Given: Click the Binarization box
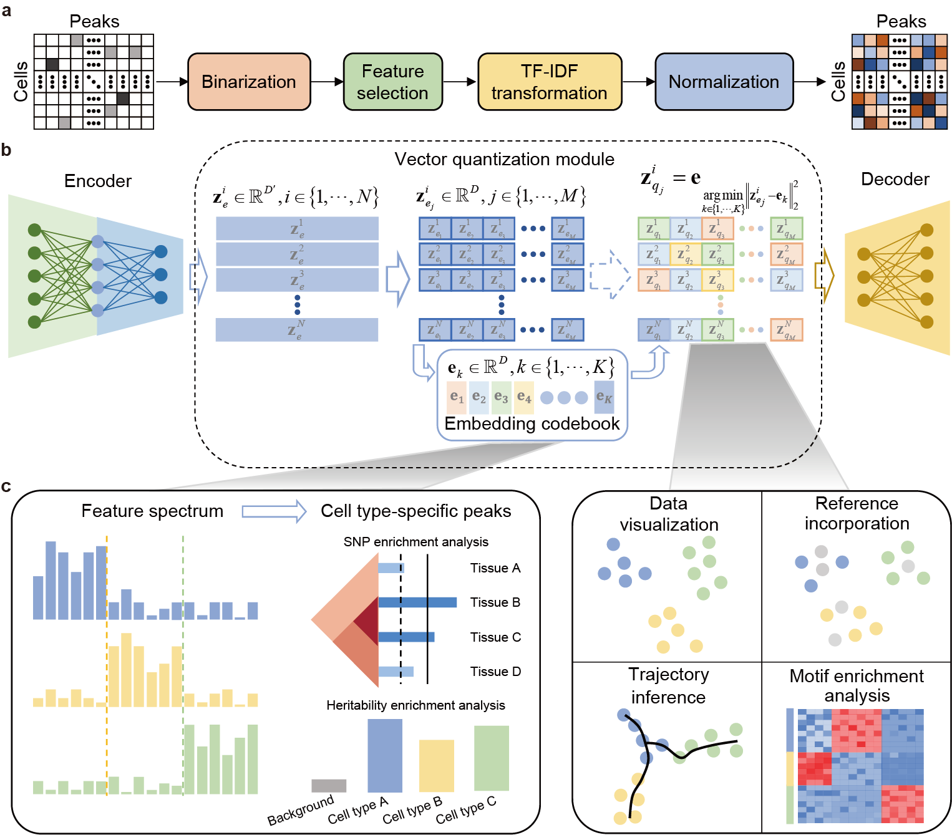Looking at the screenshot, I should point(249,82).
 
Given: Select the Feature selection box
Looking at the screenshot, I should point(392,82).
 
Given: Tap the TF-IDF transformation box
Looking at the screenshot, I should point(549,82).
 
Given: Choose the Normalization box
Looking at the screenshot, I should point(724,82).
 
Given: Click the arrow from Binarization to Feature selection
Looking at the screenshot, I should point(327,82).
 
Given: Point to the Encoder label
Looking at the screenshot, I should point(98,181).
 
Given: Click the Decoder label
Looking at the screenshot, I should point(895,179).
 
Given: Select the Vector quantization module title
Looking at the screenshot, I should point(504,159).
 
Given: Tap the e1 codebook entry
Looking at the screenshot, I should point(457,397).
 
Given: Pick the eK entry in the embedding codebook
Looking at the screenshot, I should point(604,397).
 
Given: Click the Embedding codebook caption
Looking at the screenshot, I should point(532,424).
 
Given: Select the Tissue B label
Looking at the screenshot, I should point(495,602).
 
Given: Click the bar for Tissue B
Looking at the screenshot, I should point(417,602).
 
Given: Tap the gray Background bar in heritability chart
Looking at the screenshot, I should point(329,786).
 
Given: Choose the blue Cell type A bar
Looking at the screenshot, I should point(385,756).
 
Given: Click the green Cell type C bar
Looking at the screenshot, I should point(492,758).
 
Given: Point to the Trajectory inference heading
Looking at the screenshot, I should point(668,685).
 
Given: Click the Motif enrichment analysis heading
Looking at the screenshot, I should point(857,685).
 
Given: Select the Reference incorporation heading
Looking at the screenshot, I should point(857,513).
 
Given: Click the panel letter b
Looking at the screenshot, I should point(6,150).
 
